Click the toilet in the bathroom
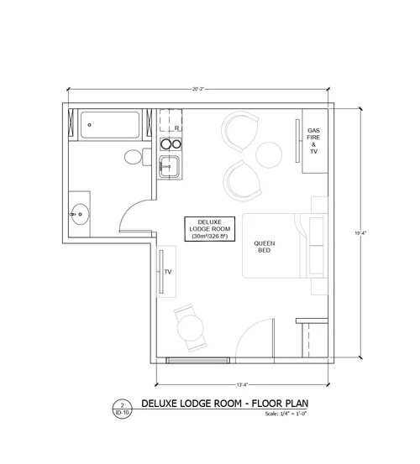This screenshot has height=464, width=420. click(x=138, y=157)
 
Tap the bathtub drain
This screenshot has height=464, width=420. click(x=89, y=125)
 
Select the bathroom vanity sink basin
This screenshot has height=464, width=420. click(x=80, y=214)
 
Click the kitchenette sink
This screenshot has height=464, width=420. click(x=169, y=167)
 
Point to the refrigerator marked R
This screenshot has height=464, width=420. click(x=171, y=121)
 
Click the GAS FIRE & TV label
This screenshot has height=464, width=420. click(x=313, y=141)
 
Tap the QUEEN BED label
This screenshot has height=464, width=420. click(x=265, y=247)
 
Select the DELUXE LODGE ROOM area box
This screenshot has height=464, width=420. click(x=210, y=229)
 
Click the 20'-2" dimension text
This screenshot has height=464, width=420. click(x=198, y=89)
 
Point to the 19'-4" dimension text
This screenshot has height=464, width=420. click(x=360, y=233)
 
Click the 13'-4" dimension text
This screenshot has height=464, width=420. click(x=242, y=384)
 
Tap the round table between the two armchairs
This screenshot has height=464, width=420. click(x=269, y=155)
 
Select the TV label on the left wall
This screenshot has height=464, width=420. click(x=168, y=272)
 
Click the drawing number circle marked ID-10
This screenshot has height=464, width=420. click(x=122, y=409)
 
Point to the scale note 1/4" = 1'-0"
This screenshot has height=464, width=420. click(x=286, y=414)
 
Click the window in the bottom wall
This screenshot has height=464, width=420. click(x=197, y=361)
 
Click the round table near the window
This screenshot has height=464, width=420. click(x=191, y=328)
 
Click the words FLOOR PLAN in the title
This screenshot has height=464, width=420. click(x=280, y=404)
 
